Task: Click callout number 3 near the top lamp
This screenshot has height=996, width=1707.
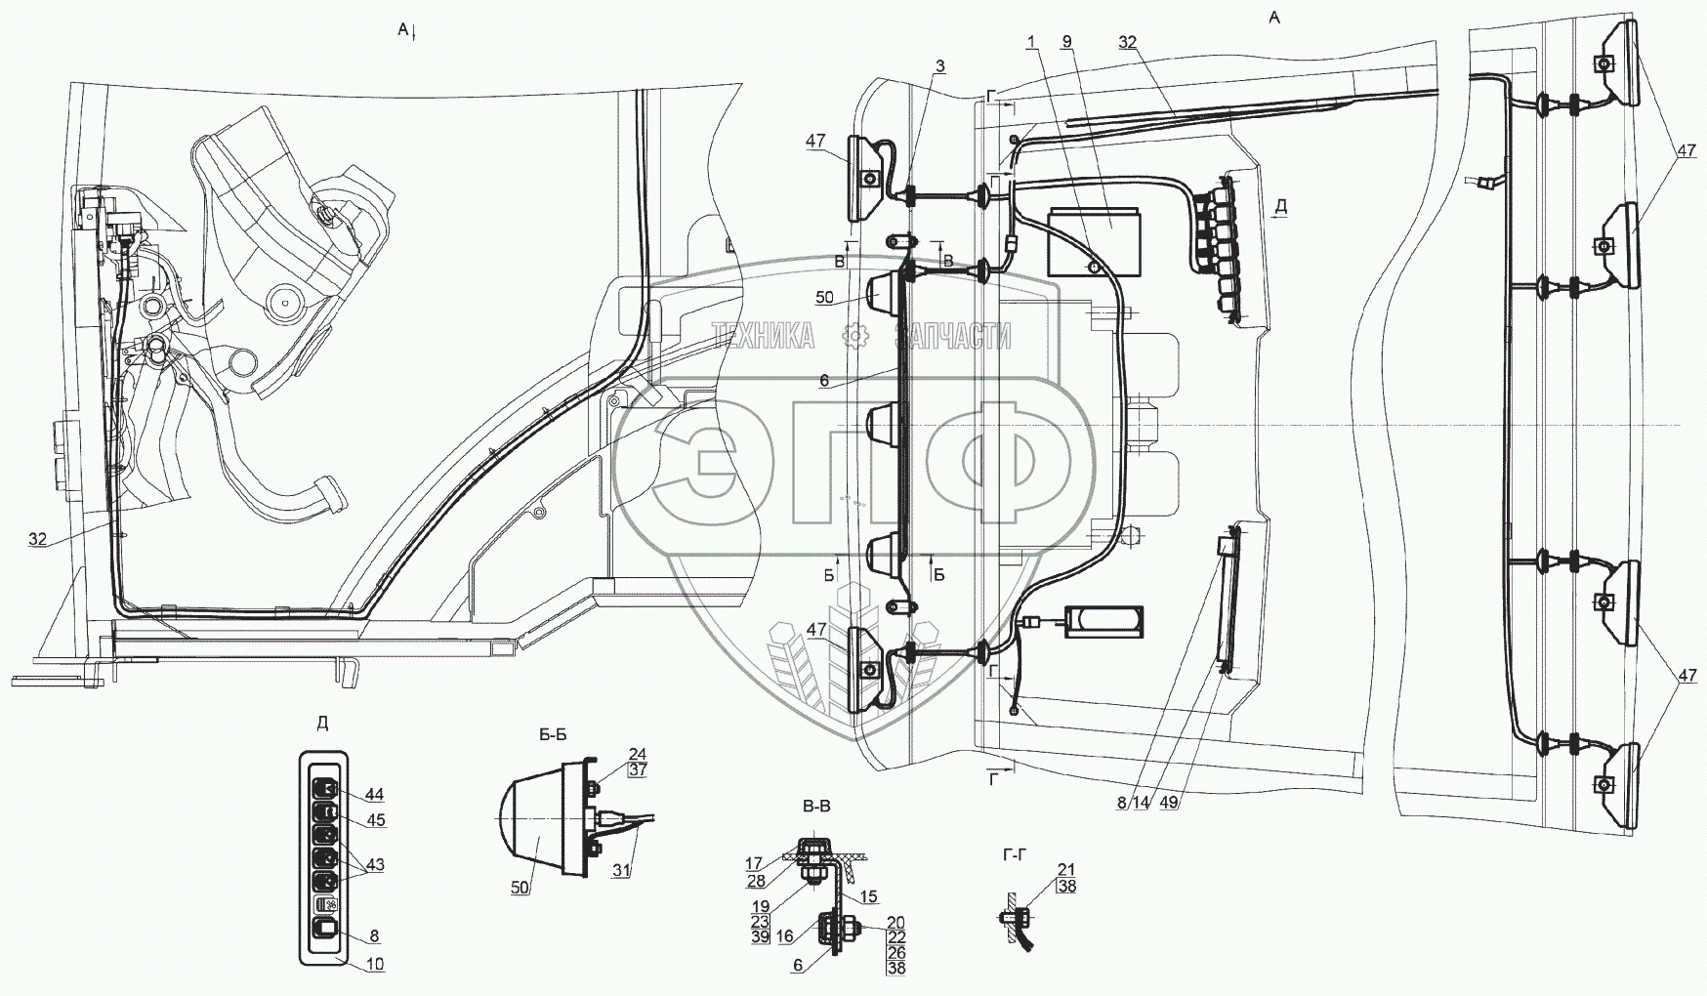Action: click(939, 65)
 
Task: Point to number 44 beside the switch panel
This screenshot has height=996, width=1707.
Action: click(375, 795)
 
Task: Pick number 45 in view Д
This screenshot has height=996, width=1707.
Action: click(375, 820)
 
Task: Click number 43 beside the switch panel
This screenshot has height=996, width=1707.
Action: click(375, 865)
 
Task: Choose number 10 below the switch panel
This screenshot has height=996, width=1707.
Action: click(375, 964)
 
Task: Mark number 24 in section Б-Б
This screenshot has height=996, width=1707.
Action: click(638, 753)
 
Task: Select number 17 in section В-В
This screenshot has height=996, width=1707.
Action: click(781, 862)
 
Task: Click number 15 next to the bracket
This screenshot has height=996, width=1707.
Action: click(869, 896)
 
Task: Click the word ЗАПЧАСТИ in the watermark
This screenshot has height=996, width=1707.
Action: click(953, 337)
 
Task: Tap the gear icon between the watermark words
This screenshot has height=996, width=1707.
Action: click(855, 337)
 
